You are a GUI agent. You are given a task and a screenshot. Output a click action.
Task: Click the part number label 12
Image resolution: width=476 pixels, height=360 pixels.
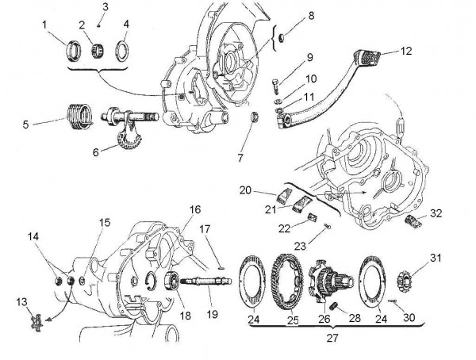tap(406, 50)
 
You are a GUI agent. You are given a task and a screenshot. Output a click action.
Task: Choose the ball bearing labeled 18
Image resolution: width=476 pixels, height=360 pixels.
tap(170, 282)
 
